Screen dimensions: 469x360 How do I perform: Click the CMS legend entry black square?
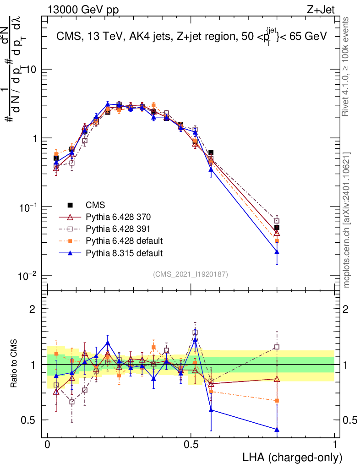click(x=70, y=205)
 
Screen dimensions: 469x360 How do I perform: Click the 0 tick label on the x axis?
click(x=47, y=444)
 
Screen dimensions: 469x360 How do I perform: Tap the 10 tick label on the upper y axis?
click(x=30, y=69)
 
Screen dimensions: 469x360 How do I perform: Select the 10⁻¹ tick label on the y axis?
click(x=27, y=207)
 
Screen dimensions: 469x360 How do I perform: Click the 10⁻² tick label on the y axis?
click(x=27, y=276)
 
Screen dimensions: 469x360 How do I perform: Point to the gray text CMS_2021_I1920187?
click(x=191, y=274)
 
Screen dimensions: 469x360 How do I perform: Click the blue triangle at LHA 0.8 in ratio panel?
click(x=277, y=430)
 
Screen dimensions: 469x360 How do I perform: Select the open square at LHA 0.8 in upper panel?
click(x=277, y=221)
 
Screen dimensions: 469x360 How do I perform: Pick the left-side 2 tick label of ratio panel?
click(x=33, y=309)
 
